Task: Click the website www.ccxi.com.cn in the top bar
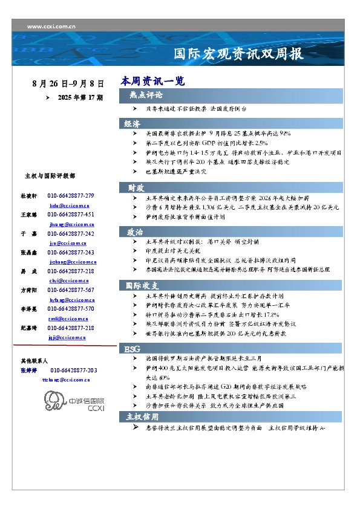51,27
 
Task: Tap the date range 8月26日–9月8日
68,83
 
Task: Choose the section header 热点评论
145,96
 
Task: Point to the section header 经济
133,123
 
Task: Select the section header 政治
135,232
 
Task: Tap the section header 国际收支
142,285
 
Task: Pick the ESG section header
133,349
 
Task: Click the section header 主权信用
142,417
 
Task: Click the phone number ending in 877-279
71,196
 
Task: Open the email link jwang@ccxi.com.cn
64,224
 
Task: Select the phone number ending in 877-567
71,290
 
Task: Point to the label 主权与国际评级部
50,176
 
